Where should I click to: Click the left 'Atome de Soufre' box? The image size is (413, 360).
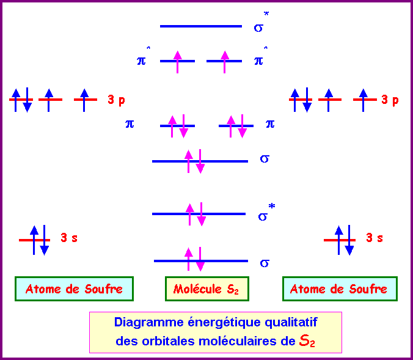tap(74, 289)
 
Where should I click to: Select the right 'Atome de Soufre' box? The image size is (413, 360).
tap(339, 289)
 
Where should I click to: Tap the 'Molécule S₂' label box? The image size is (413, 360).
tap(206, 289)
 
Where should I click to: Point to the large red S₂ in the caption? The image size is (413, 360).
tap(307, 341)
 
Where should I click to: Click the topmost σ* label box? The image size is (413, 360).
tap(268, 24)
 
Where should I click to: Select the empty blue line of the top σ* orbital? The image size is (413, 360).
tap(200, 26)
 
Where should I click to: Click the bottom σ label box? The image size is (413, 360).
tap(268, 261)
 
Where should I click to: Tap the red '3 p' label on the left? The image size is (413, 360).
tap(117, 100)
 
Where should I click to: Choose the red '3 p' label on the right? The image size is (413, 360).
tap(390, 100)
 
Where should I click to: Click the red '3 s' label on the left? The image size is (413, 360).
tap(68, 238)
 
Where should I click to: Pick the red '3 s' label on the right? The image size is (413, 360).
tap(375, 238)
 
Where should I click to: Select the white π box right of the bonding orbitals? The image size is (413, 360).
tap(280, 123)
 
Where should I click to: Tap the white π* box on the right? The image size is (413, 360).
tap(268, 59)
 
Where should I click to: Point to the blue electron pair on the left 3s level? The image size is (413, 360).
tap(39, 240)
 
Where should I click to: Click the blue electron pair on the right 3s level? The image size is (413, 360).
tap(343, 240)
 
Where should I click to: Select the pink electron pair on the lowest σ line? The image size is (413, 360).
tap(194, 259)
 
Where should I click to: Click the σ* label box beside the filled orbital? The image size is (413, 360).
tap(272, 214)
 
